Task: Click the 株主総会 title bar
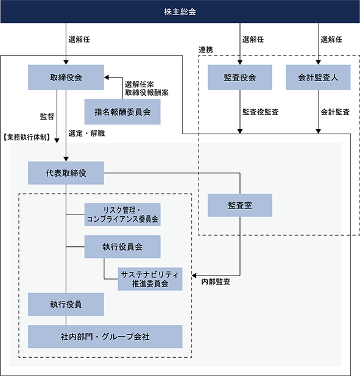pos(180,12)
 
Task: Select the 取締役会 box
pos(66,77)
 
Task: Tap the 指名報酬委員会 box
pos(122,112)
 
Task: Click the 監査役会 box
pos(239,77)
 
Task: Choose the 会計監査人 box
pos(318,77)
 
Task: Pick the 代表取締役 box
pos(66,173)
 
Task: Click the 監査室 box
pos(239,205)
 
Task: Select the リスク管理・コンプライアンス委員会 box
pos(122,215)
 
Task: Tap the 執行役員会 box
pos(122,247)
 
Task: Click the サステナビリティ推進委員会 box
pos(150,279)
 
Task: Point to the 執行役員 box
pos(66,304)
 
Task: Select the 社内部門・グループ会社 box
pos(105,336)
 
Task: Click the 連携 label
pos(206,50)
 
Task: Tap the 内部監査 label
pos(216,282)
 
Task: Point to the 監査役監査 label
pos(261,112)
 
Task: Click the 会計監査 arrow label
pos(335,112)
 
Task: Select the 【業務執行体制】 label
pos(27,137)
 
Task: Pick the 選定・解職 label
pos(86,133)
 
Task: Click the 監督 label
pos(47,117)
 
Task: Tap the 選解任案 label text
pos(139,85)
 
